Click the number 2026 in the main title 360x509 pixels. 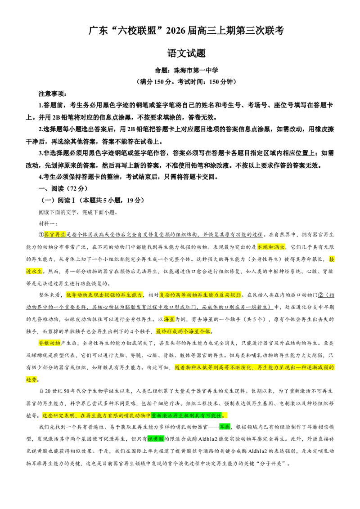[175, 31]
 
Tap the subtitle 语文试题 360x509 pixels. [186, 53]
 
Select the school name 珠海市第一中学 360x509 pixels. [196, 70]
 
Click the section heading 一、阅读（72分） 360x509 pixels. [63, 188]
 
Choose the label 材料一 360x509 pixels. [47, 223]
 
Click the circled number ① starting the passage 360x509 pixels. [41, 235]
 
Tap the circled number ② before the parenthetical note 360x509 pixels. [321, 295]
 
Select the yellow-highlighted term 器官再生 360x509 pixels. [54, 235]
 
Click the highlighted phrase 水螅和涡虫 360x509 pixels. [271, 247]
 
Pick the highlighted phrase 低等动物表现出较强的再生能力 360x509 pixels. [104, 295]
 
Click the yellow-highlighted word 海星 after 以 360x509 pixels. [169, 319]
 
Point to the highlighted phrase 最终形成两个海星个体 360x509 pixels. [183, 331]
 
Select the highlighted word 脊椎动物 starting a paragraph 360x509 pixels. [49, 343]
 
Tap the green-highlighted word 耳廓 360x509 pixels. [225, 427]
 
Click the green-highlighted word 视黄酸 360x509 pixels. [156, 439]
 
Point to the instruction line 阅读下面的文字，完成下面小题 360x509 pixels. [78, 212]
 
